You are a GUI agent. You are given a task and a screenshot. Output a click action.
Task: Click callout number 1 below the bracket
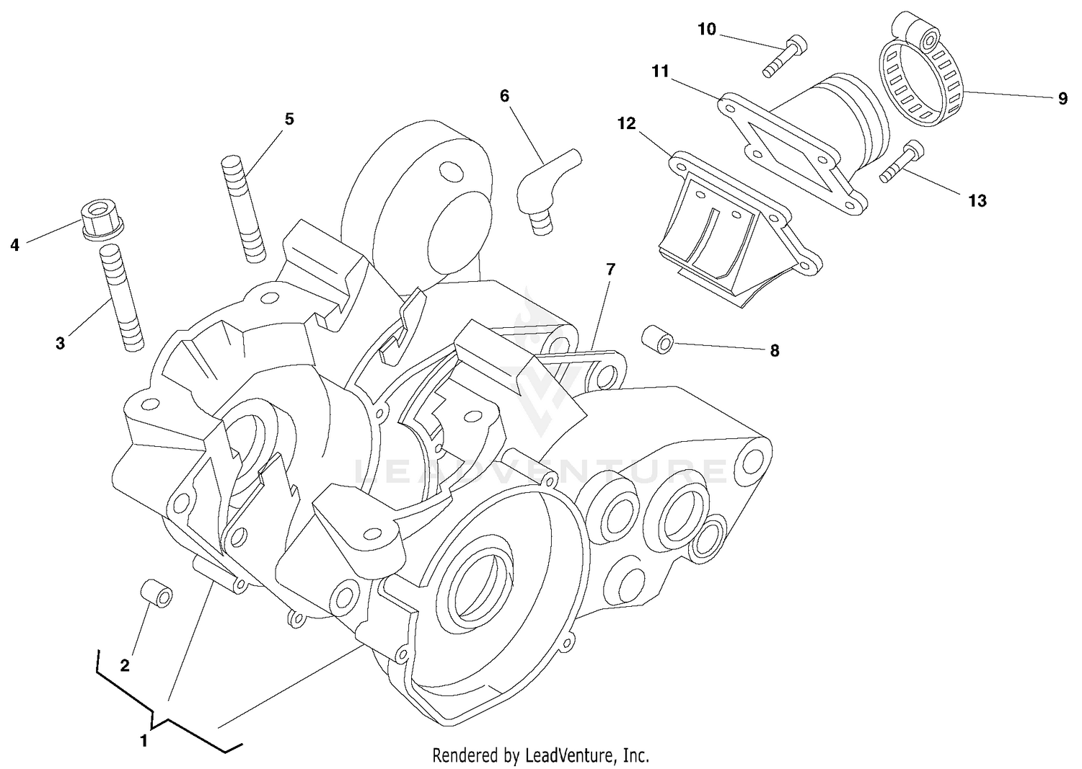click(144, 740)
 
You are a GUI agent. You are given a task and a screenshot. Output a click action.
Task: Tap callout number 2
click(125, 665)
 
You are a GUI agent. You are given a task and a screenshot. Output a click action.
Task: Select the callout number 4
click(14, 245)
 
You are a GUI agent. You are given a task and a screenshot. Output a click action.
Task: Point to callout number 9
click(1063, 99)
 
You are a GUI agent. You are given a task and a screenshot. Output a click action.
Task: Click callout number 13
click(977, 200)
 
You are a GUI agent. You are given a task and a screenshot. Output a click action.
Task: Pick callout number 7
click(610, 270)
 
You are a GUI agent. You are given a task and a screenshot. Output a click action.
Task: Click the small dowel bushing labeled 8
click(657, 339)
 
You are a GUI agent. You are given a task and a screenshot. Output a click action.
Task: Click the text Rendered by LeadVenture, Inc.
click(540, 755)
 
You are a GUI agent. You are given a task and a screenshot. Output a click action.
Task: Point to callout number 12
click(626, 123)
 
